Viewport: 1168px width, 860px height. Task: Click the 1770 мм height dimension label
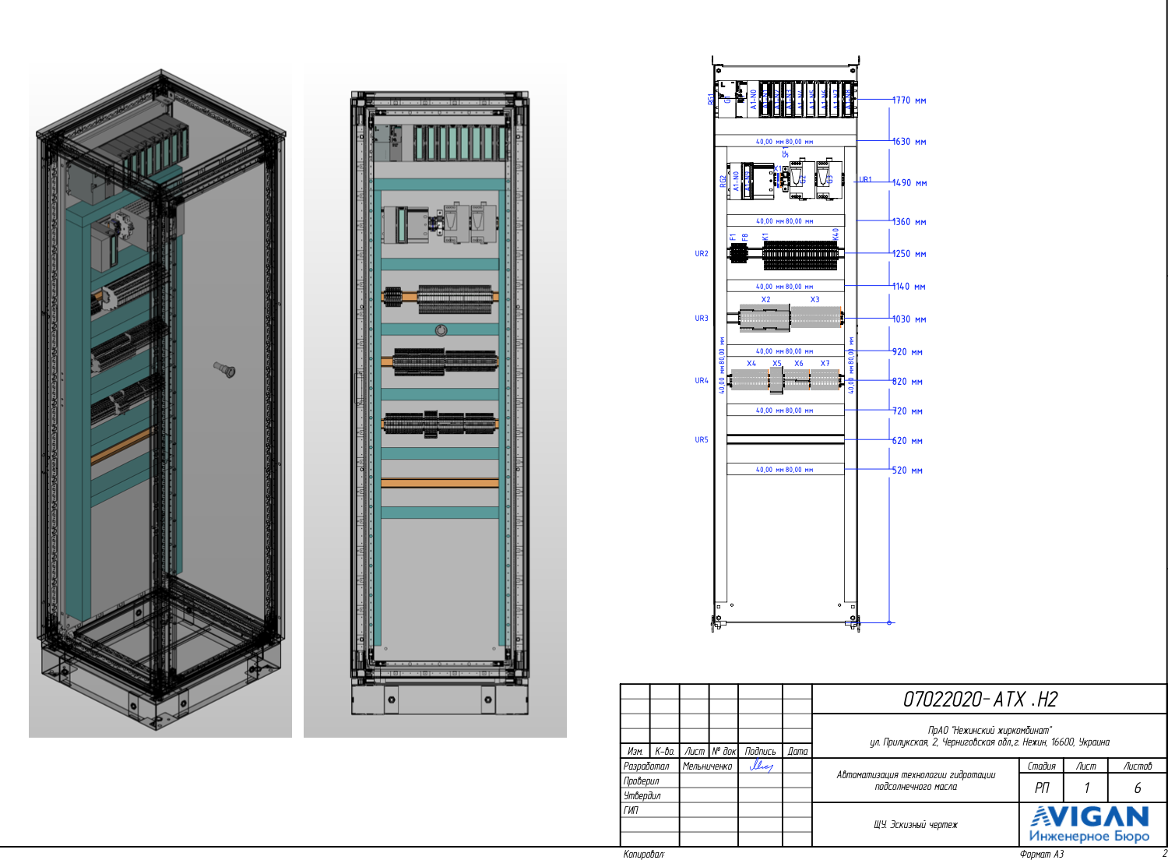pos(909,100)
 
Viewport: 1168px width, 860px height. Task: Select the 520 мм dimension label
pos(906,471)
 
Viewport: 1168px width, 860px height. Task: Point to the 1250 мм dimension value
pos(909,254)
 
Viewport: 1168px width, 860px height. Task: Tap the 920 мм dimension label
pos(906,352)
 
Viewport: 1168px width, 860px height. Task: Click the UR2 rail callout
pos(702,254)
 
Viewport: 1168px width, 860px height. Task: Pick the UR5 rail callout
pos(702,440)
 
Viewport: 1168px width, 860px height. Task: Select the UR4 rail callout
pos(702,381)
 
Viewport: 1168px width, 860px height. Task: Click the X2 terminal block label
pos(765,300)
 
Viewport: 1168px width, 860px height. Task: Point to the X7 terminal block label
pos(825,364)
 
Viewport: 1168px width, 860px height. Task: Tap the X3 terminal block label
pos(814,300)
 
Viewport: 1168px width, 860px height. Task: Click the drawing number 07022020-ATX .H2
pos(980,700)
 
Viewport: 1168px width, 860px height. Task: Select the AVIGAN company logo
pos(1089,824)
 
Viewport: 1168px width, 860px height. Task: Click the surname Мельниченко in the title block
pos(707,767)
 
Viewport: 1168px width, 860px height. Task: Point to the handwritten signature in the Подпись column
pos(760,767)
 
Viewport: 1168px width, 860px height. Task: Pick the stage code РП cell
pos(1042,788)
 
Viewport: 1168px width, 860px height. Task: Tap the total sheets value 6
pos(1137,788)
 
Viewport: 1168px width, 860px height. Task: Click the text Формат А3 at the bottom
pos(1041,855)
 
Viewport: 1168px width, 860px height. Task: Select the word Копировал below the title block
pos(643,855)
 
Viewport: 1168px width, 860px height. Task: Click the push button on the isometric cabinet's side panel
pos(225,369)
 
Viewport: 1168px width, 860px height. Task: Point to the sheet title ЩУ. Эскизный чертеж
pos(915,824)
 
